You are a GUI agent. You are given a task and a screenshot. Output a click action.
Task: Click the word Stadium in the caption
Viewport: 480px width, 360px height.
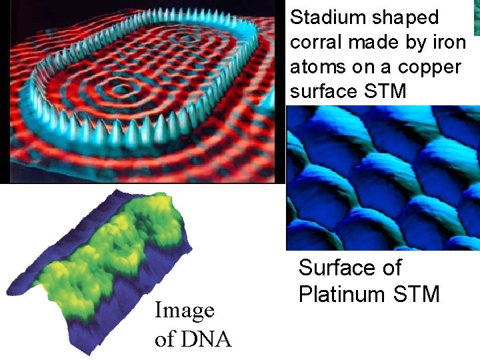[x=324, y=17]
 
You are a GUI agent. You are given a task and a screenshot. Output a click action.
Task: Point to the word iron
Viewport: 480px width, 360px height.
[x=449, y=42]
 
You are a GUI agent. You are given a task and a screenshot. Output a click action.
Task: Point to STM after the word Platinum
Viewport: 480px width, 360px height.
[x=417, y=293]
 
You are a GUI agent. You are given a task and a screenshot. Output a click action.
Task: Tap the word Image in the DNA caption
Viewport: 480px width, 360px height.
[x=185, y=310]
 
